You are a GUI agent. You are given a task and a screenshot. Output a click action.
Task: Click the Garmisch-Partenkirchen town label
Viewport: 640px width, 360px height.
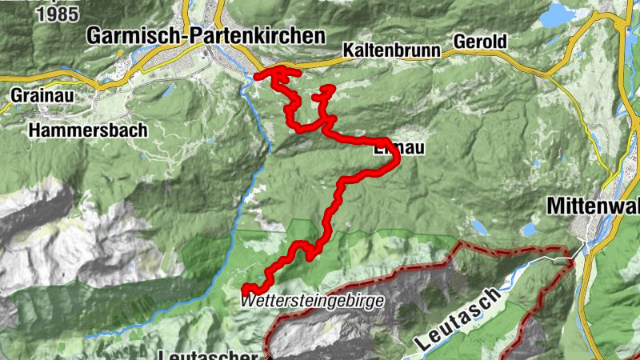pyautogui.click(x=206, y=36)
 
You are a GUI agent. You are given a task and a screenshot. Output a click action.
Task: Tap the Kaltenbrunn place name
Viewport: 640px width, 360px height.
pyautogui.click(x=392, y=50)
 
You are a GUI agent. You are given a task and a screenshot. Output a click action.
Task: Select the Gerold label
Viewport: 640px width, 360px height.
pyautogui.click(x=482, y=42)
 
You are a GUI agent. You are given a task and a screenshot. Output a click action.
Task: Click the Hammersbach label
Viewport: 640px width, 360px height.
pyautogui.click(x=75, y=129)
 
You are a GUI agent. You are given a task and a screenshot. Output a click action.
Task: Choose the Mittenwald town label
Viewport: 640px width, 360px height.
pyautogui.click(x=592, y=206)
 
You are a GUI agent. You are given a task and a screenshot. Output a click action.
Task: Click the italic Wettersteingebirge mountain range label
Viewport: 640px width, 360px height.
pyautogui.click(x=311, y=301)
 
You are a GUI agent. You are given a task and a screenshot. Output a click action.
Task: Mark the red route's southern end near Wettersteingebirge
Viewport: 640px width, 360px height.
pyautogui.click(x=244, y=289)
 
